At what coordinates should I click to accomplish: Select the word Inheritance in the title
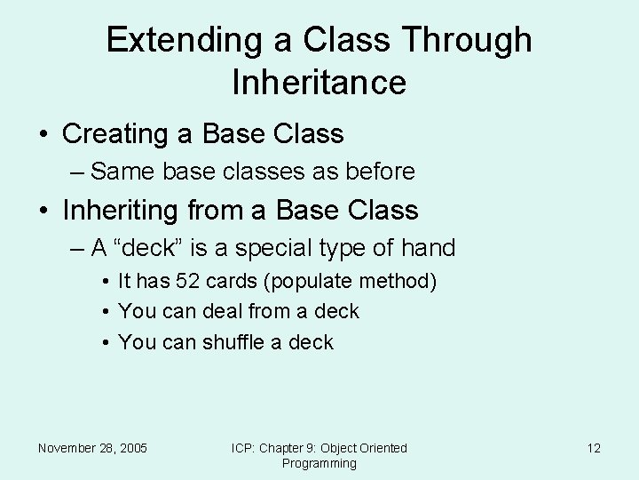pyautogui.click(x=319, y=83)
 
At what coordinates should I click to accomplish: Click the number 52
pyautogui.click(x=185, y=282)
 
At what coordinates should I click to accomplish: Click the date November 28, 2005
pyautogui.click(x=92, y=448)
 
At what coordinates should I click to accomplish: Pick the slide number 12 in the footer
pyautogui.click(x=594, y=448)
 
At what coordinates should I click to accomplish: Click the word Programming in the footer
pyautogui.click(x=319, y=463)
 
